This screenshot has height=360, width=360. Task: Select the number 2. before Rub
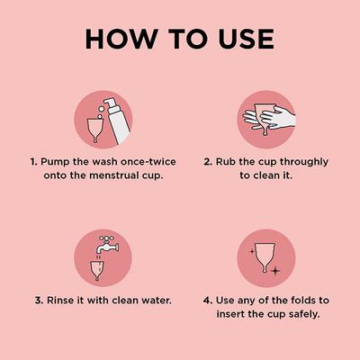tap(207, 163)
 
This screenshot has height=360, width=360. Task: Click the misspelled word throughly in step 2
tap(300, 163)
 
